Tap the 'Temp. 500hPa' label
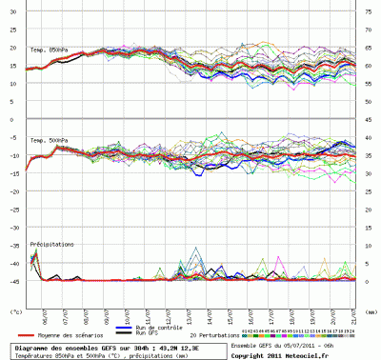point(49,141)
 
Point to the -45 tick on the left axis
point(14,279)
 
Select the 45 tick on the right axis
point(367,118)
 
